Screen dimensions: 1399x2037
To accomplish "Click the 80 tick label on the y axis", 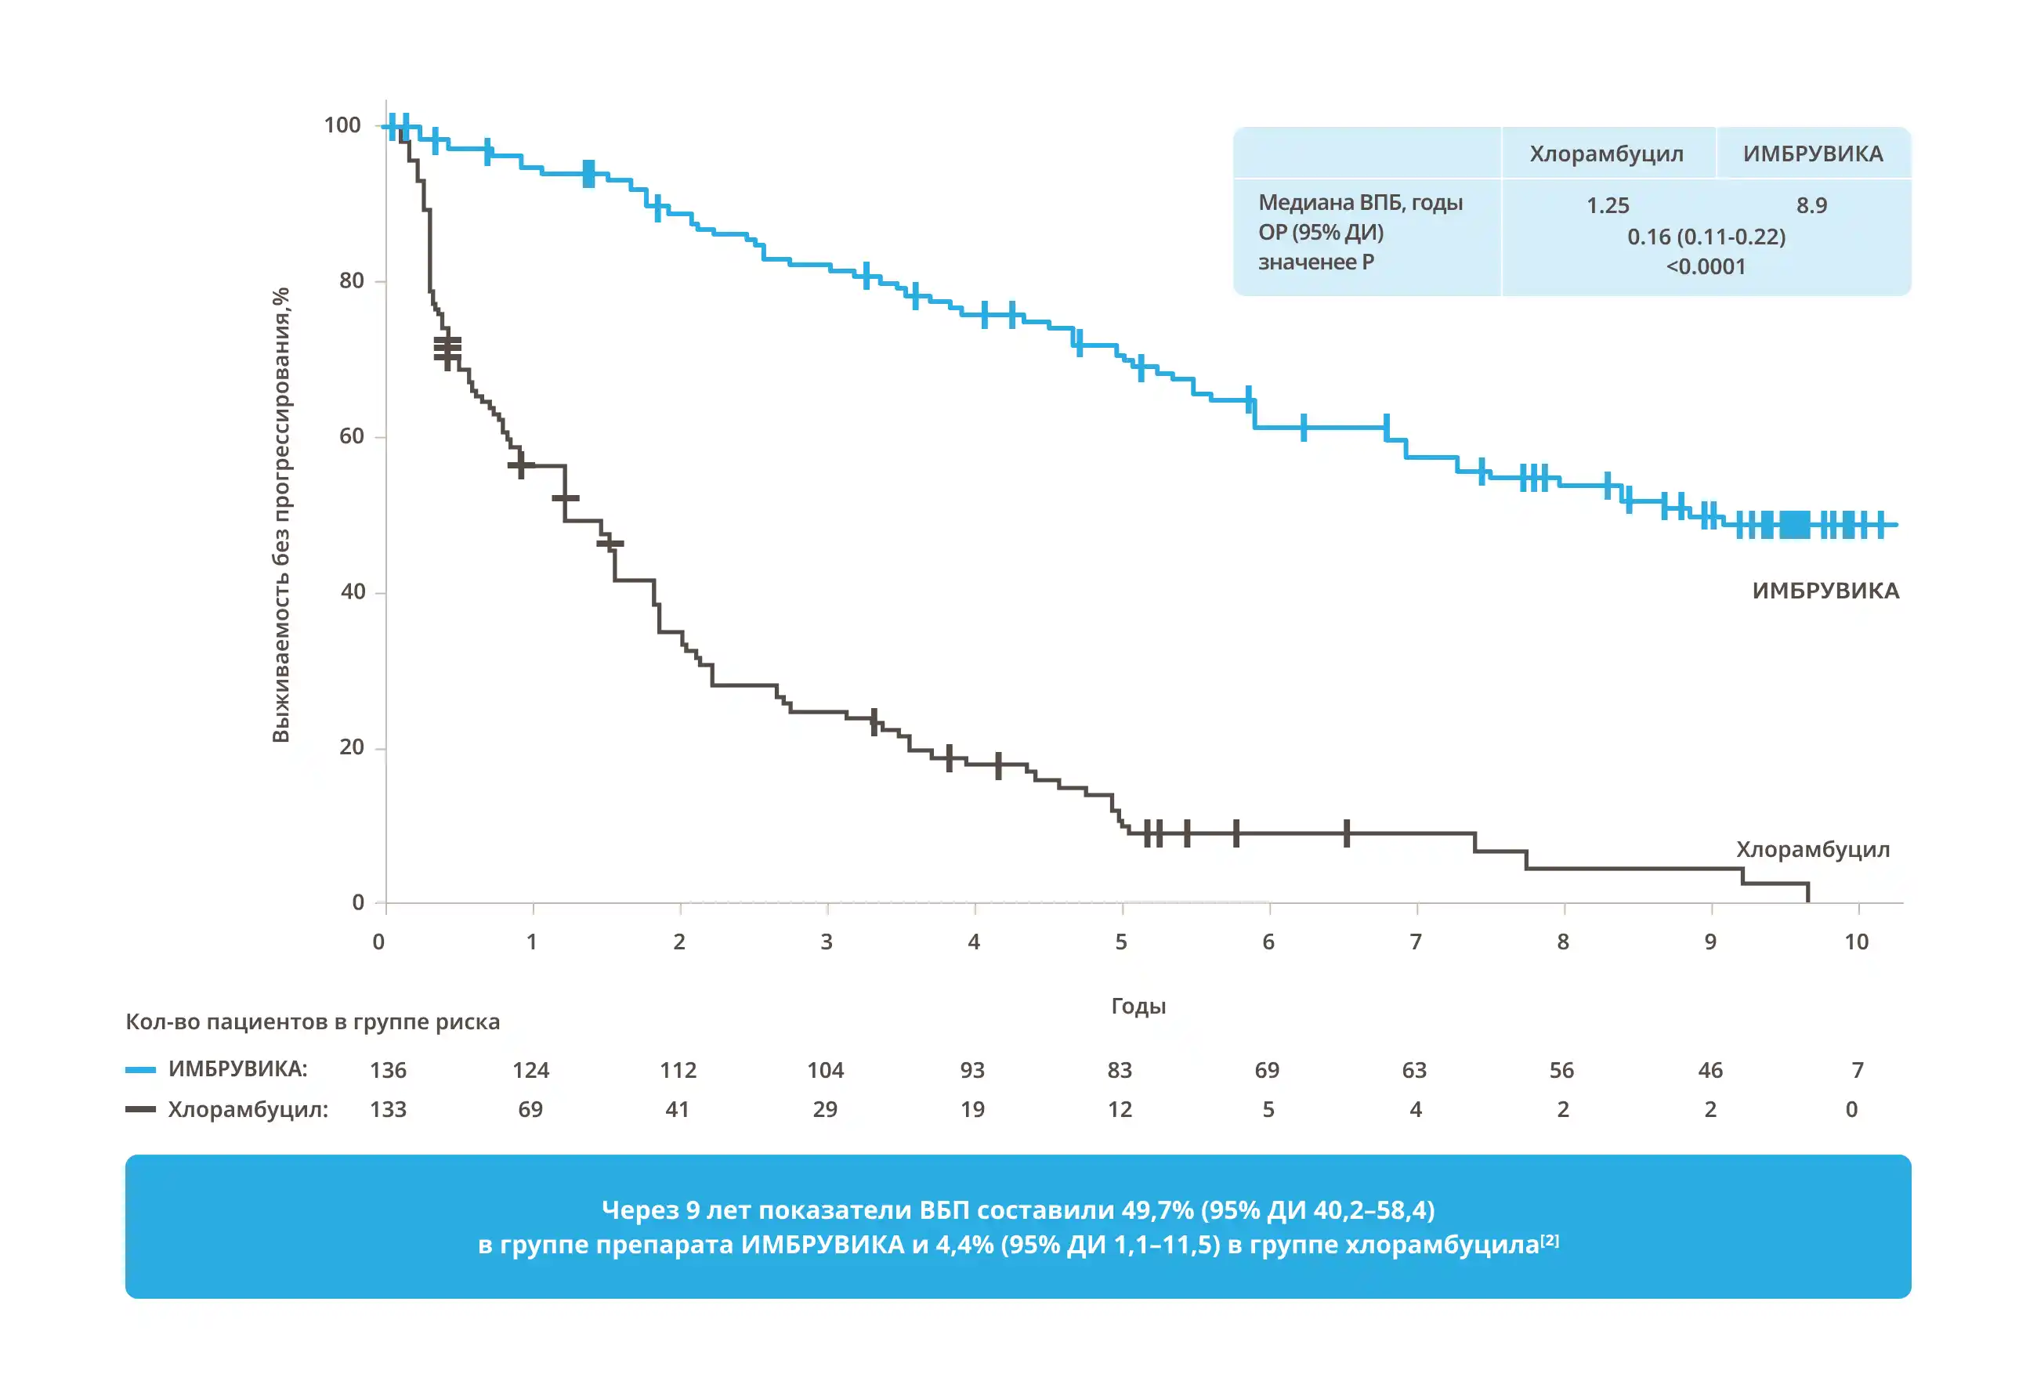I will pyautogui.click(x=352, y=280).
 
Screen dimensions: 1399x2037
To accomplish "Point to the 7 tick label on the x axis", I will pyautogui.click(x=1416, y=942).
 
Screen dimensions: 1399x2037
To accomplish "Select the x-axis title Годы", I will pyautogui.click(x=1138, y=1006).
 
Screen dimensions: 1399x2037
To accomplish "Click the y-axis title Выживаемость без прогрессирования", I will pyautogui.click(x=280, y=515).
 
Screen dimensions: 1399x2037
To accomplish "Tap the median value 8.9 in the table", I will pyautogui.click(x=1811, y=205).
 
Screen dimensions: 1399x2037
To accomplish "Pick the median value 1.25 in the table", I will pyautogui.click(x=1608, y=205).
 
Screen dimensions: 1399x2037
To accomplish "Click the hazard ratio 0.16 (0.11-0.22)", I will pyautogui.click(x=1706, y=237).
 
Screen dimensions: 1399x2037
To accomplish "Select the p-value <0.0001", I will pyautogui.click(x=1706, y=266).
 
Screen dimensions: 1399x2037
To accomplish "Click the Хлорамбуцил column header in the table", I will pyautogui.click(x=1606, y=154).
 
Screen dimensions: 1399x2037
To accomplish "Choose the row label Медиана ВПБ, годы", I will pyautogui.click(x=1360, y=202).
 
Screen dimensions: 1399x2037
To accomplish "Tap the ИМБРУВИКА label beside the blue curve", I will pyautogui.click(x=1825, y=591).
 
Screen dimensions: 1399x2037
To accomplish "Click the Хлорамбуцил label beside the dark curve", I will pyautogui.click(x=1813, y=849).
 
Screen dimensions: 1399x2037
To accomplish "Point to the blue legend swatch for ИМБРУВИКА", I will pyautogui.click(x=140, y=1069).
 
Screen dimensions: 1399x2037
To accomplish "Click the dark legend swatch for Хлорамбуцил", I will pyautogui.click(x=140, y=1109).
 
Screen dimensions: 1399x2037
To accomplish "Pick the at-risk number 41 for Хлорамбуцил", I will pyautogui.click(x=677, y=1110).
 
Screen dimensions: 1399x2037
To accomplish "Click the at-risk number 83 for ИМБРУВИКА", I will pyautogui.click(x=1120, y=1070).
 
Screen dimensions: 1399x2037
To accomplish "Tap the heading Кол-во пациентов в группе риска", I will pyautogui.click(x=313, y=1022).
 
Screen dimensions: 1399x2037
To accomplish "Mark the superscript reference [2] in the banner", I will pyautogui.click(x=1550, y=1240).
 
